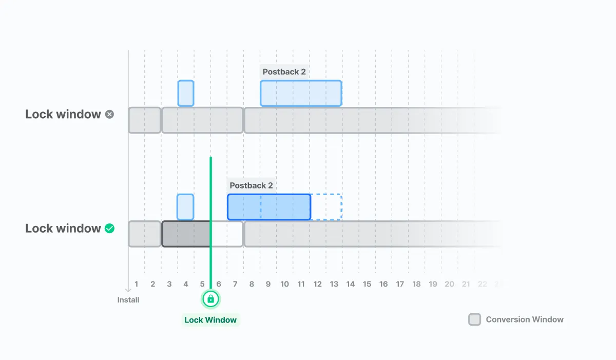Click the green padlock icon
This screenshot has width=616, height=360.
pos(210,299)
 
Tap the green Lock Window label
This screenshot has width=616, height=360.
pos(210,320)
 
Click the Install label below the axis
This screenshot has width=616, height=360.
pos(128,300)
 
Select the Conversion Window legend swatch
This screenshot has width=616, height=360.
pos(475,319)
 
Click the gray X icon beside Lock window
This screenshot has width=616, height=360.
pos(109,115)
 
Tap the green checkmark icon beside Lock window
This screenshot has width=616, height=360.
pos(109,229)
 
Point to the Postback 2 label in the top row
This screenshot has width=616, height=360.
pos(284,72)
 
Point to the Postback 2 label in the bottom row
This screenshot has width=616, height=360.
pos(251,185)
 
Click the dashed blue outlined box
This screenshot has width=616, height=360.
pos(326,207)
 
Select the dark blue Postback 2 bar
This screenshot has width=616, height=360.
pos(269,207)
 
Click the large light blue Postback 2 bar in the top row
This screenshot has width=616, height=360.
pos(301,93)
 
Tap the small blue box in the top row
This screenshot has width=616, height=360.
pos(186,93)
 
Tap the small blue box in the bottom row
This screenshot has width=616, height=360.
pos(185,207)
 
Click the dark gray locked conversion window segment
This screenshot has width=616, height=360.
pos(186,234)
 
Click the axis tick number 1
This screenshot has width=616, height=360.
pos(137,284)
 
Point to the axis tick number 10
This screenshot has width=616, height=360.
pos(284,284)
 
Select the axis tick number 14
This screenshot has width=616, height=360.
pos(351,284)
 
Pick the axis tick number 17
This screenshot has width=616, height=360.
pos(400,284)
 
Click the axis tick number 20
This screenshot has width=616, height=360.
pos(449,284)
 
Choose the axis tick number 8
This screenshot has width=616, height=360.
pos(252,284)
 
